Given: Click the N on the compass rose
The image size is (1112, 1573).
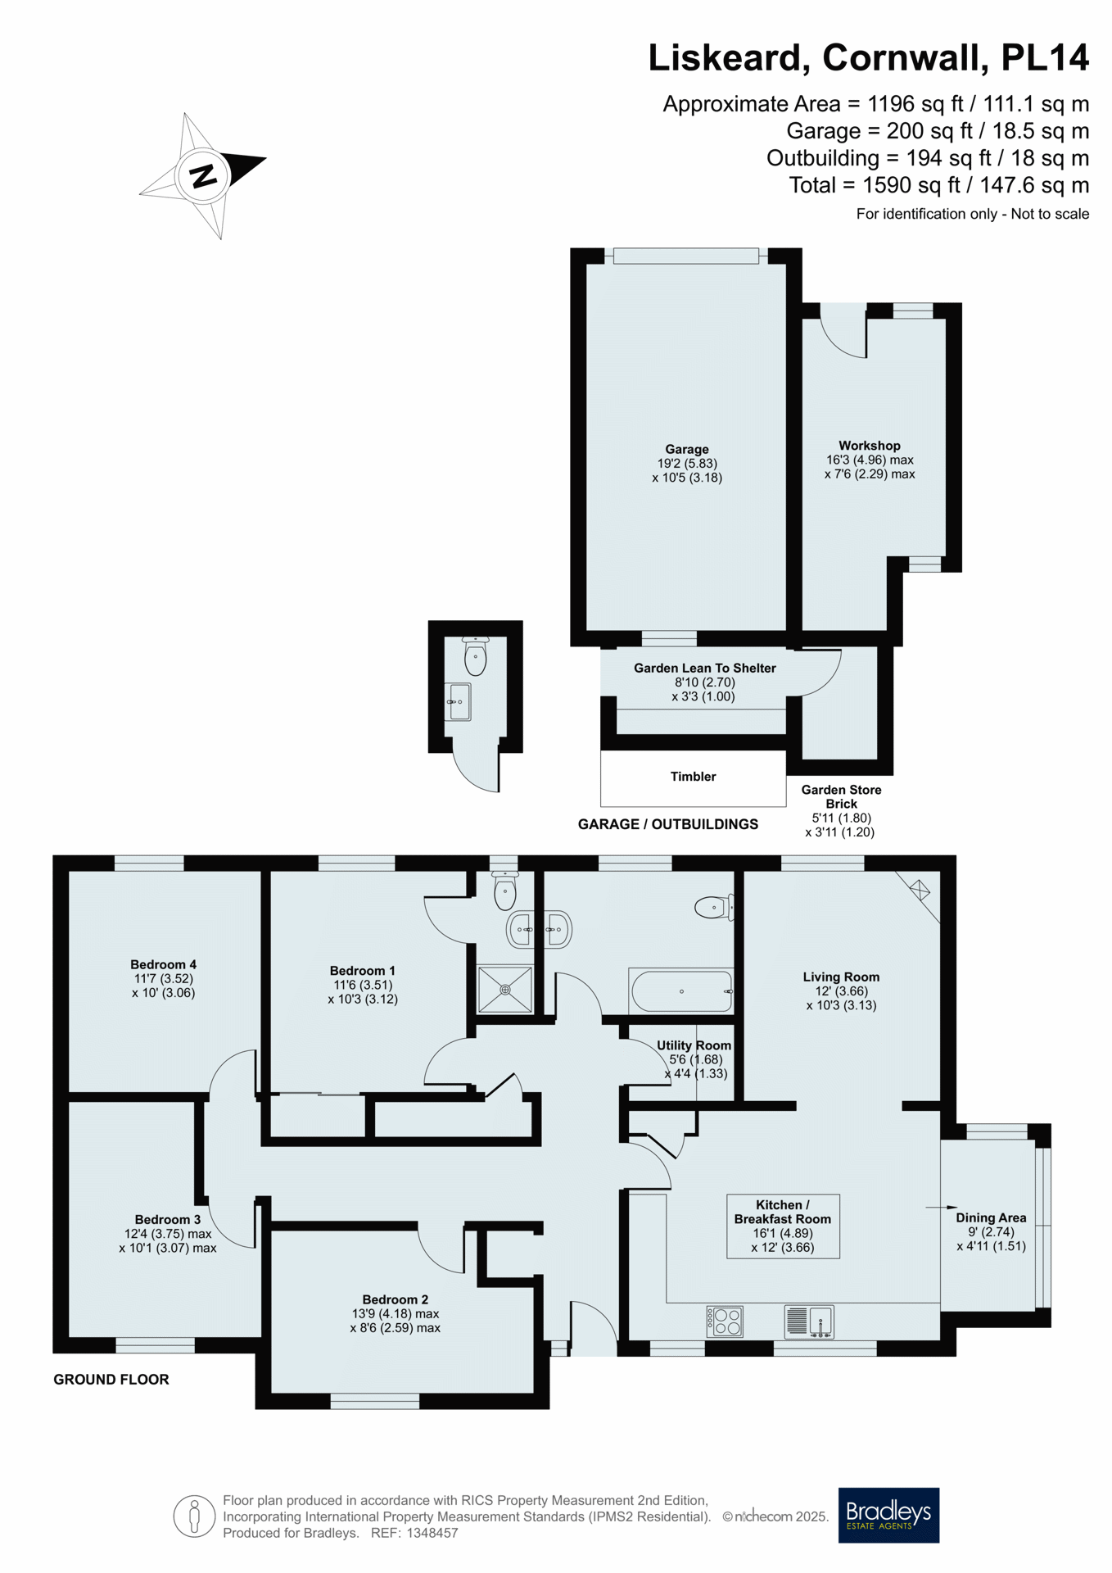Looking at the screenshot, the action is point(203,175).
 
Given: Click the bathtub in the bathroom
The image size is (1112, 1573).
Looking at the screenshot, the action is point(680,991).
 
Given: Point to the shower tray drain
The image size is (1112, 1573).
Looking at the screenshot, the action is point(505,990).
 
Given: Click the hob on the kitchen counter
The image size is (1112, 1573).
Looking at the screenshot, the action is point(725,1321).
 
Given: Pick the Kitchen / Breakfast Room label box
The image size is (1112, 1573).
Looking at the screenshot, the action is point(783,1226).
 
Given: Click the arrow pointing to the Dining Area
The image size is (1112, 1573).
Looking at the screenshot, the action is point(941,1207).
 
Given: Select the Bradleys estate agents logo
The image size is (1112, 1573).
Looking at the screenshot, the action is point(888,1515).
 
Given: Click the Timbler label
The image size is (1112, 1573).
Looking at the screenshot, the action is point(693,776).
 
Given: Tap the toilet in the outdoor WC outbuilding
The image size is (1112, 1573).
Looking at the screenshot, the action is point(475,655).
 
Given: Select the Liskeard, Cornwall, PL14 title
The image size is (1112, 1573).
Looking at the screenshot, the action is point(869,58).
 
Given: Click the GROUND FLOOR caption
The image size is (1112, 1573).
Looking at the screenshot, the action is point(111,1380).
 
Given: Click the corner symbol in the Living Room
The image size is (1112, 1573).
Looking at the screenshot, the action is point(920,890).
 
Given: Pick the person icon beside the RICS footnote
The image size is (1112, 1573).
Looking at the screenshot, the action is point(194,1516).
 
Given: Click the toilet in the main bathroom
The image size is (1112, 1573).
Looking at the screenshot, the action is point(713,907).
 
